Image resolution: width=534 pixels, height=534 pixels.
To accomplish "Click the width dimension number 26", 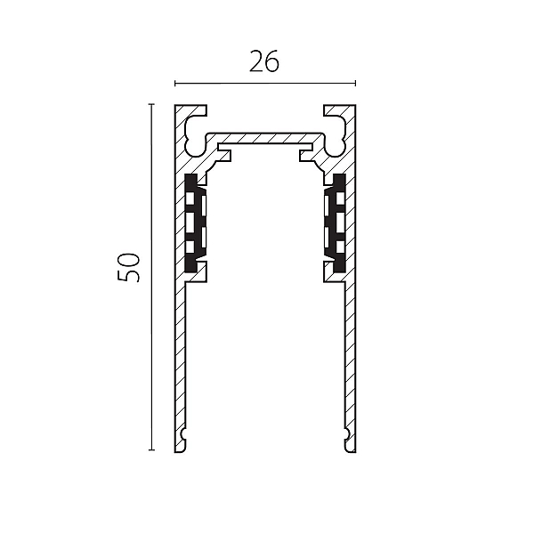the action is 264,61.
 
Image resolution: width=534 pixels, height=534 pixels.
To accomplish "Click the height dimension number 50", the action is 129,267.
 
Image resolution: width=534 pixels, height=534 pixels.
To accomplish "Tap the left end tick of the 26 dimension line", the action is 175,83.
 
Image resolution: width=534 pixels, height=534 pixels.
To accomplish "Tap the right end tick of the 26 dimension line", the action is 355,83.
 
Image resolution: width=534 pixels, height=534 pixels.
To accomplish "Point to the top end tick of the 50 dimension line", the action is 152,104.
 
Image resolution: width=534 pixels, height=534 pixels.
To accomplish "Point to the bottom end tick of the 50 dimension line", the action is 152,449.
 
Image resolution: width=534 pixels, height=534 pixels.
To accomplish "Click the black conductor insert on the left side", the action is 196,223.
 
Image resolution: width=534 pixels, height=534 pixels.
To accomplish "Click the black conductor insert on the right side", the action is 336,223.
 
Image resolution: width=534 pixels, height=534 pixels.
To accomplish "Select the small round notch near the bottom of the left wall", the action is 184,433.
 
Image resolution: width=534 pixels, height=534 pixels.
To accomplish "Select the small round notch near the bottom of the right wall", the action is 346,433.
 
